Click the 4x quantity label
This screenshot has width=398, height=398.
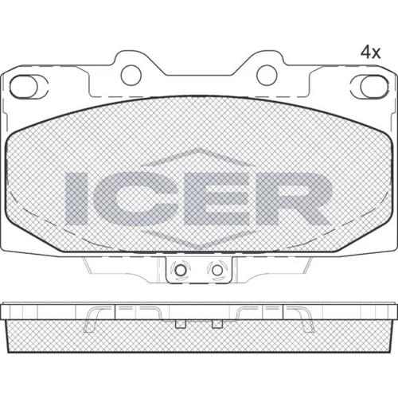(370, 53)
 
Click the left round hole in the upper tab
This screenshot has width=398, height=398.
(131, 75)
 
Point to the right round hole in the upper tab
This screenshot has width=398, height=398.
(267, 75)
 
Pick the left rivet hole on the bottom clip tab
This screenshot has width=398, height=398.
(181, 271)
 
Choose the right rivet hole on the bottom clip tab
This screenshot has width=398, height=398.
(217, 271)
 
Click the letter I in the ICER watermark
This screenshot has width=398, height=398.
(76, 198)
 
